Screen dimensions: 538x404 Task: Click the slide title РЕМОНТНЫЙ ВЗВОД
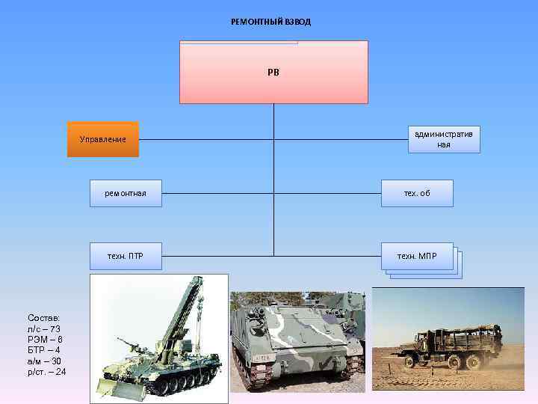tap(270, 22)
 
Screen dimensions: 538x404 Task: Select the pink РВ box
tap(273, 73)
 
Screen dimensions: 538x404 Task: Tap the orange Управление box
tap(103, 139)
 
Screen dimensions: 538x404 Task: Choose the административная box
tap(444, 138)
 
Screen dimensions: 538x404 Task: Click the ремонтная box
tap(126, 193)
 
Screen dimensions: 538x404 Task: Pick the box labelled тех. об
tap(417, 193)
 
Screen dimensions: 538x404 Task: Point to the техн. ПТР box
tap(126, 256)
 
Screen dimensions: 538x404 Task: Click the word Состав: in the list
tap(43, 318)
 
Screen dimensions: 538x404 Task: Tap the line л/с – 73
tap(43, 328)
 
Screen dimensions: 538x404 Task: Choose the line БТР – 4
tap(43, 349)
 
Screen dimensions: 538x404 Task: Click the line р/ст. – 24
tap(46, 371)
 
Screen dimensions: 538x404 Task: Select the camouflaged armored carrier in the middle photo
tap(291, 340)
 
